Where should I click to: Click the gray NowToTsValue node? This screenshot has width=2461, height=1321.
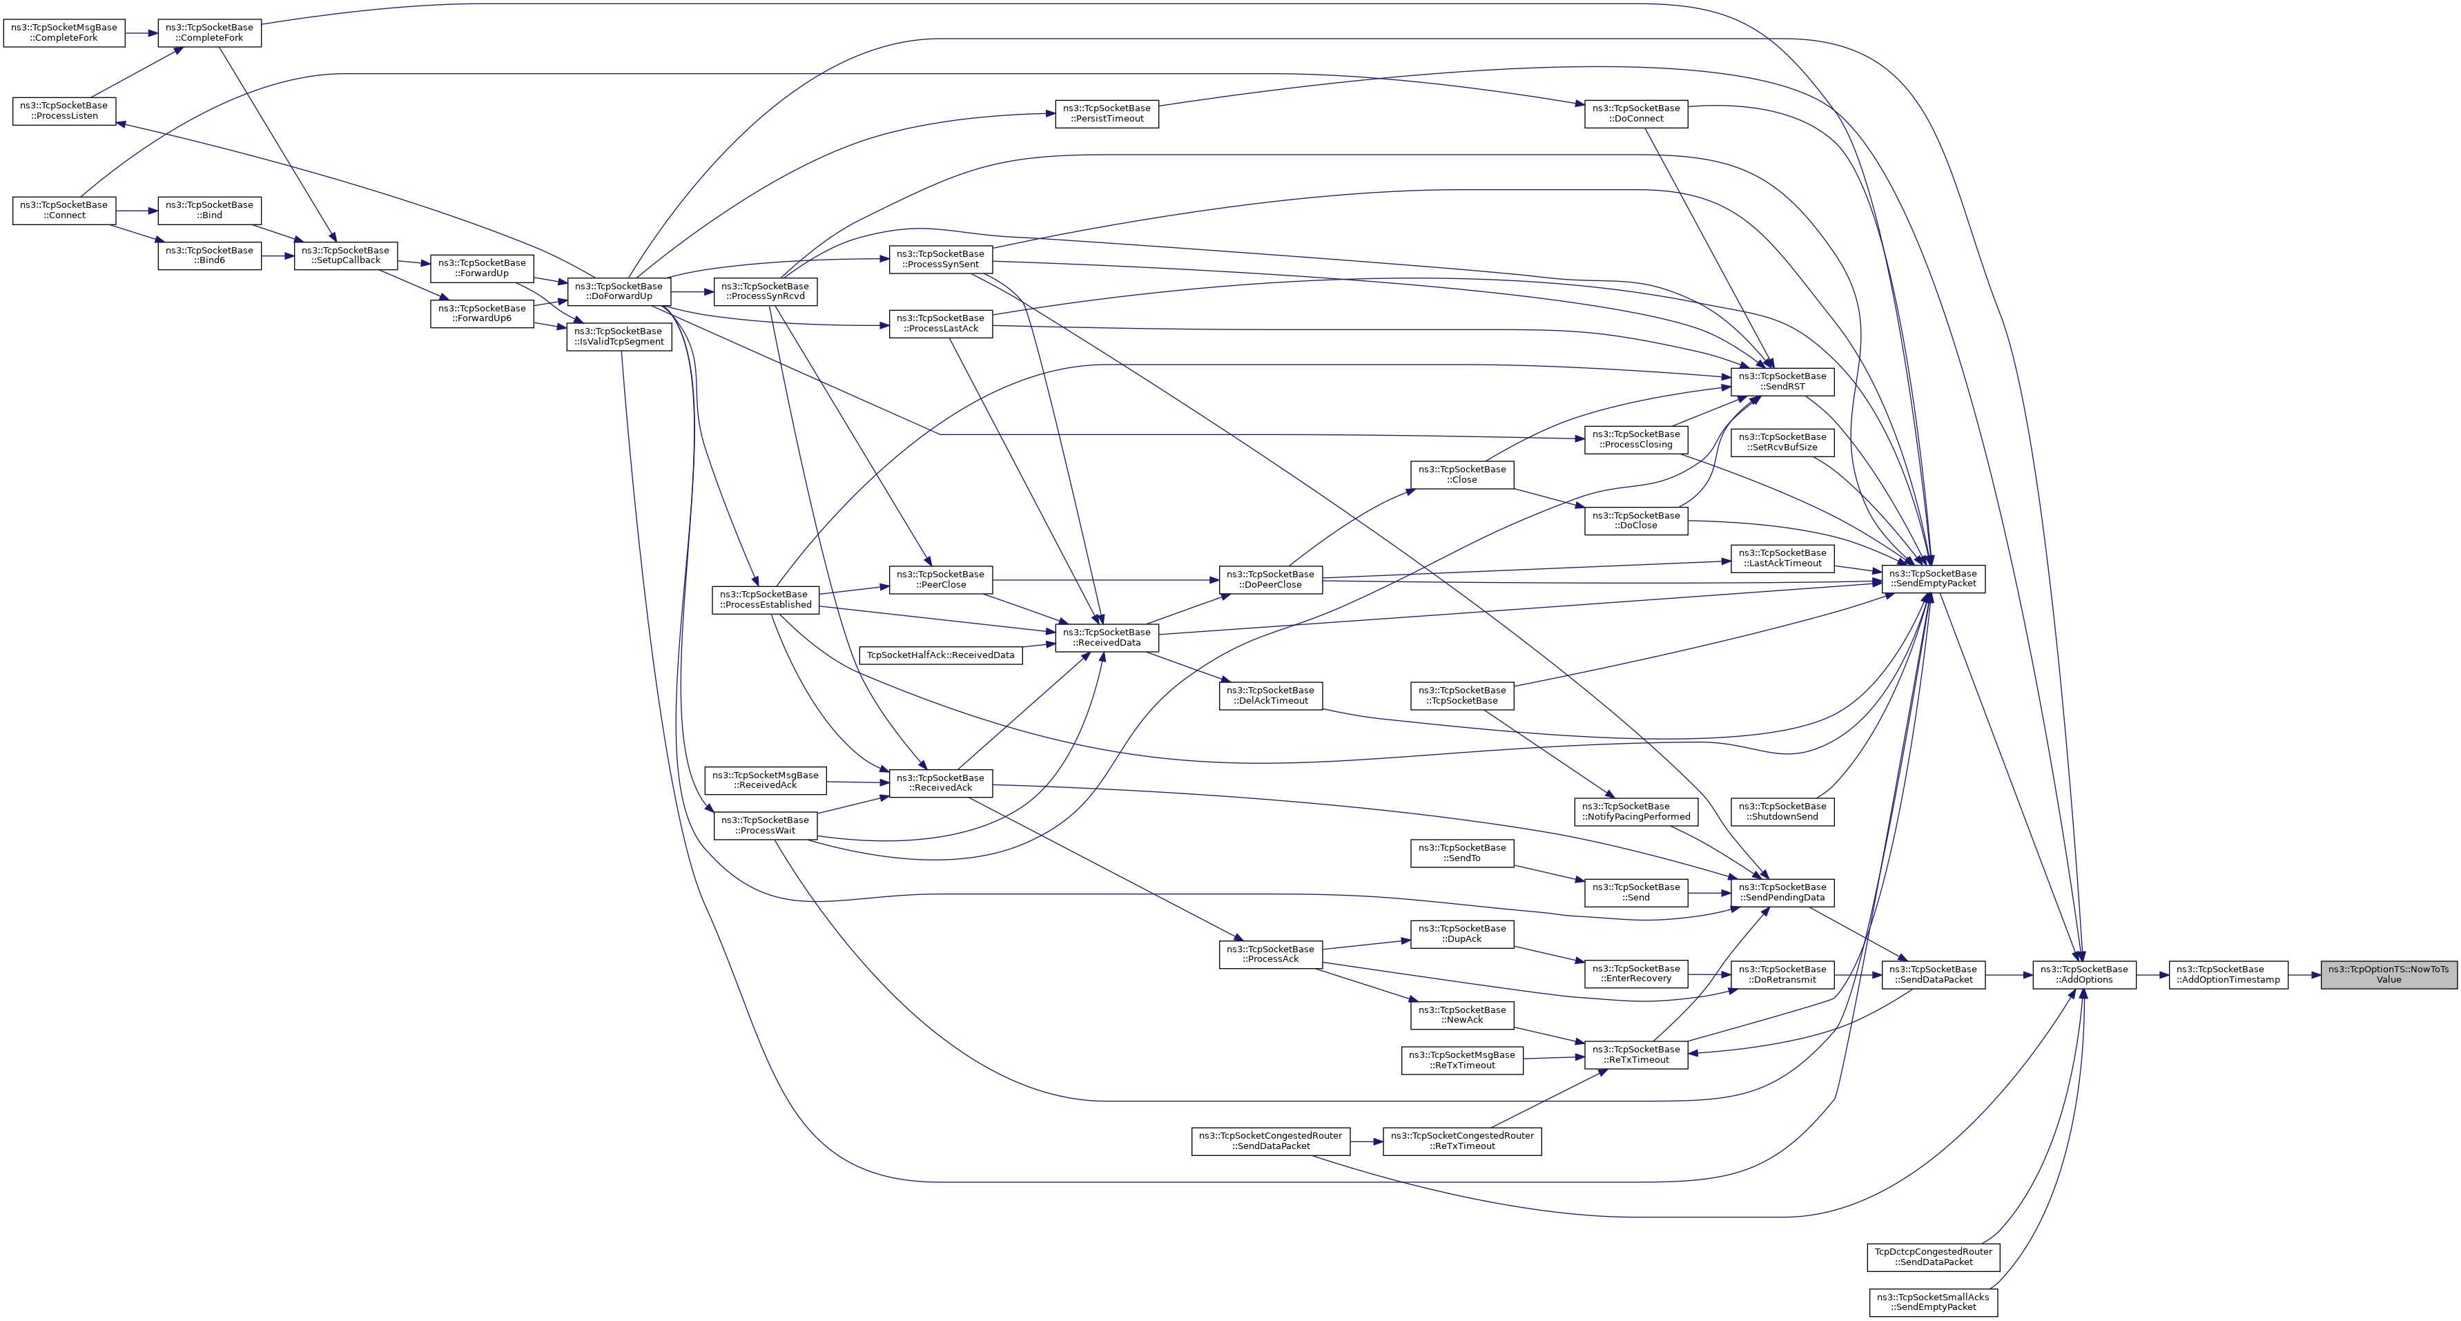2389,974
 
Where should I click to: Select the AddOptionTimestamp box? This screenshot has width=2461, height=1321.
2228,974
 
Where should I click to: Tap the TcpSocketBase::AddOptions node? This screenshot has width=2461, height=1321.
2083,974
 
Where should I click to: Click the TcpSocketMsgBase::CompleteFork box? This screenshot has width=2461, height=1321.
64,32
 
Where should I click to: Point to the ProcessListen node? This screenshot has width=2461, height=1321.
64,111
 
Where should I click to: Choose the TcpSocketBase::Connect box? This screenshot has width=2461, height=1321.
64,211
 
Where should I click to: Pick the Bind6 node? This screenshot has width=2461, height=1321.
209,255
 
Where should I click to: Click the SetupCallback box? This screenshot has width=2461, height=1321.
345,255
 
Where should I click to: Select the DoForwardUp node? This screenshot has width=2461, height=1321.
618,291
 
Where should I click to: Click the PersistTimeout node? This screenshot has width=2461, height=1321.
1107,114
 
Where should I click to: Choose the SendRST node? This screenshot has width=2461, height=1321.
1782,381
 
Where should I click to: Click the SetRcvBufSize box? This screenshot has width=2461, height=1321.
1782,442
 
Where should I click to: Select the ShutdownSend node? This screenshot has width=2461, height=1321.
1782,811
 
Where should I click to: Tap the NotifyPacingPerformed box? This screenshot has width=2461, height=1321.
1635,811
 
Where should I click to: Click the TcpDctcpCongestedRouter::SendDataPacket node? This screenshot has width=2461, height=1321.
1933,1257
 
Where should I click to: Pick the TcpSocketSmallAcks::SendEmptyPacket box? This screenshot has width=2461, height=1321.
1933,1302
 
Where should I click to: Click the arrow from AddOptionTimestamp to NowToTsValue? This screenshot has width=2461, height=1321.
2304,974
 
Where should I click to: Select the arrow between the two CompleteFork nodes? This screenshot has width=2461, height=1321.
142,32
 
